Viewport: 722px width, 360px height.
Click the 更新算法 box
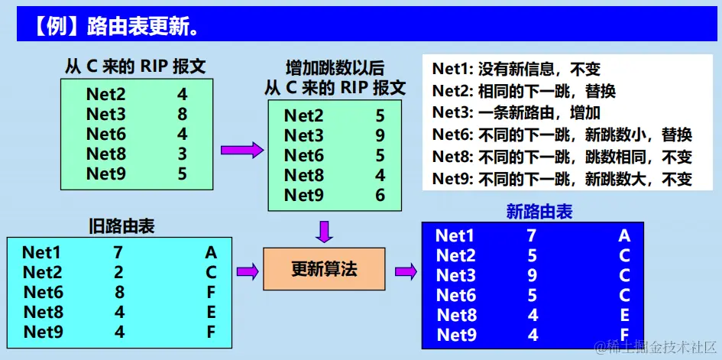[x=324, y=269]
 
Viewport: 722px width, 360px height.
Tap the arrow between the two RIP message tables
[x=241, y=151]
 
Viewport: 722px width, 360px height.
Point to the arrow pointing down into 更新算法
[x=324, y=230]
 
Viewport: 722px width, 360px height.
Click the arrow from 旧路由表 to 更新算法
[x=247, y=270]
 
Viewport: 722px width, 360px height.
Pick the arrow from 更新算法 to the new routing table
[x=404, y=270]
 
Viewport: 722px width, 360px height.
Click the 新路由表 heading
[x=539, y=212]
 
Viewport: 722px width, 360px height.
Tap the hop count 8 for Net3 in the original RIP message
[x=182, y=115]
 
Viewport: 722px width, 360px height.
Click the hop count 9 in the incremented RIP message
[x=380, y=136]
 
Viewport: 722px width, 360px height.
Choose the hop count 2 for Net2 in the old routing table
[x=118, y=271]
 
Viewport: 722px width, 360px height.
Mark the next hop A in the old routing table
[x=211, y=252]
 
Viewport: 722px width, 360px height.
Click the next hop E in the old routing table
[x=211, y=312]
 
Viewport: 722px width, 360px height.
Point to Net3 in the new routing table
[x=455, y=275]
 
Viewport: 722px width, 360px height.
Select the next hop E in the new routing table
[x=624, y=315]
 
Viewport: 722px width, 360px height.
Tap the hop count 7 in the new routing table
[x=532, y=235]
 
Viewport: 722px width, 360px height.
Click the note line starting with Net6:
[x=562, y=135]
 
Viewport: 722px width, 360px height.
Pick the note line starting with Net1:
[x=516, y=70]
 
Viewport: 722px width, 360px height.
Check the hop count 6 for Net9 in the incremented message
[x=380, y=195]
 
